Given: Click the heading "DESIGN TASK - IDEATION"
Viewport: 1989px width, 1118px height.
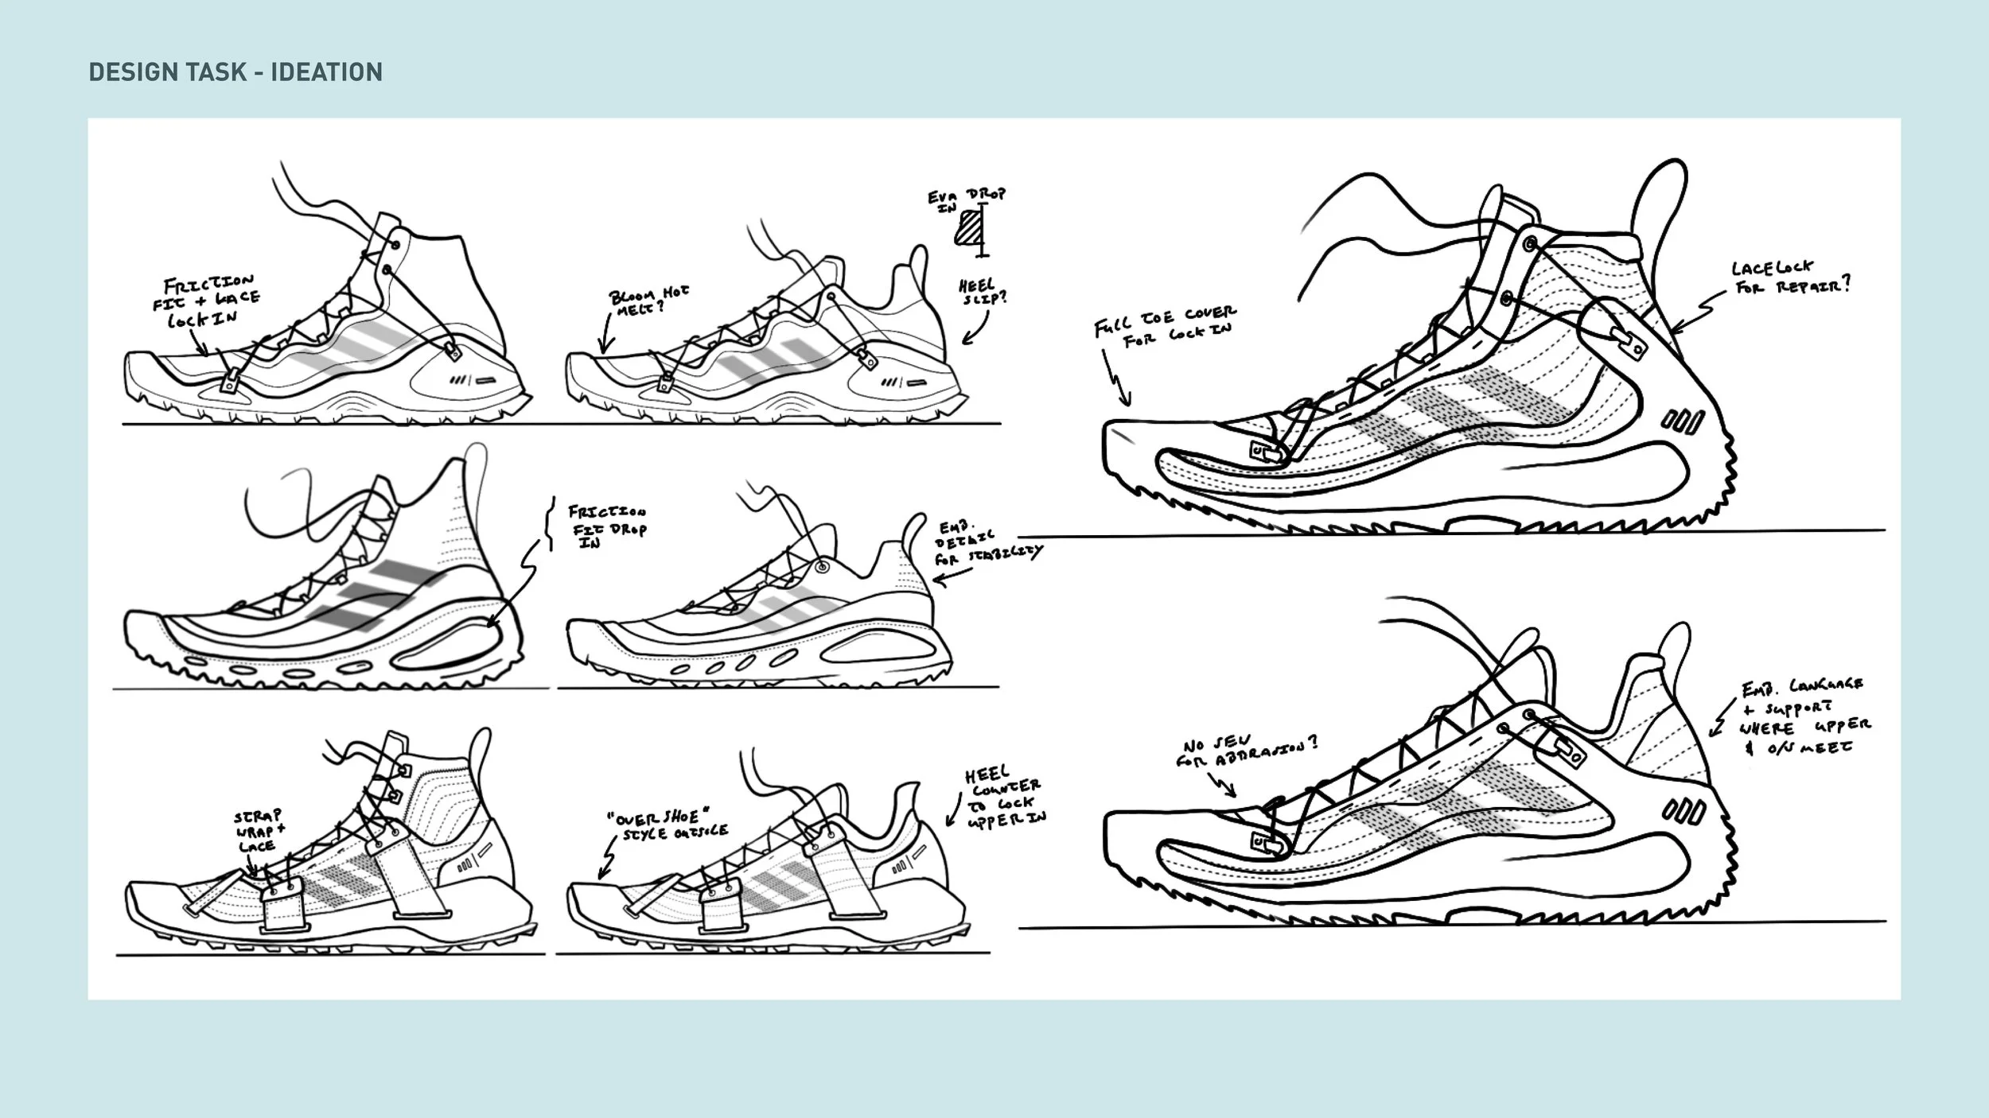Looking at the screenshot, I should click(235, 72).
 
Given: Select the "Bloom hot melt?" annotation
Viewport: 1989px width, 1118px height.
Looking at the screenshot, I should click(648, 301).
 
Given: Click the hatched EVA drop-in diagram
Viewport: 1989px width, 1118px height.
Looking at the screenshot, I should click(970, 229).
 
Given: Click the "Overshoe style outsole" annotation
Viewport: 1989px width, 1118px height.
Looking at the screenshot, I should click(665, 825).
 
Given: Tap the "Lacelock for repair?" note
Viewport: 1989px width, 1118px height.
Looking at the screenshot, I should click(1790, 278).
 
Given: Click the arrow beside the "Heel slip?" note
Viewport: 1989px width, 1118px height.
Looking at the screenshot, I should click(977, 328).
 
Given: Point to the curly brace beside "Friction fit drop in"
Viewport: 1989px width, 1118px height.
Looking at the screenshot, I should click(550, 523).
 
